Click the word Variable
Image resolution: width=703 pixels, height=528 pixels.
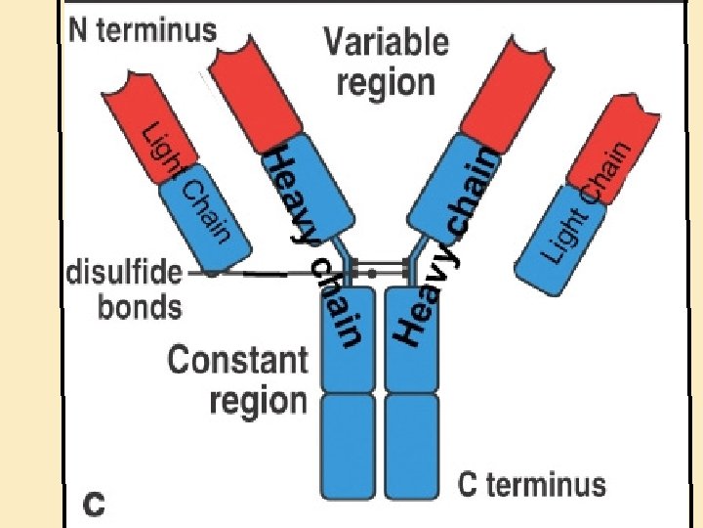(387, 43)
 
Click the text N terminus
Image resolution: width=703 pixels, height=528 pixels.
(143, 29)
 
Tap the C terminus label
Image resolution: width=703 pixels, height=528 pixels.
(532, 484)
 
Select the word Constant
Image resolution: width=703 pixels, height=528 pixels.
(237, 360)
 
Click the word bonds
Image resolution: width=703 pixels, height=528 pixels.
(140, 307)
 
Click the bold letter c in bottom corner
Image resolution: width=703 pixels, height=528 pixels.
(95, 506)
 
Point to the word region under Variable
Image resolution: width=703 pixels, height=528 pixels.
(386, 81)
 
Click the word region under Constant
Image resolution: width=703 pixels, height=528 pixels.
(258, 400)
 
